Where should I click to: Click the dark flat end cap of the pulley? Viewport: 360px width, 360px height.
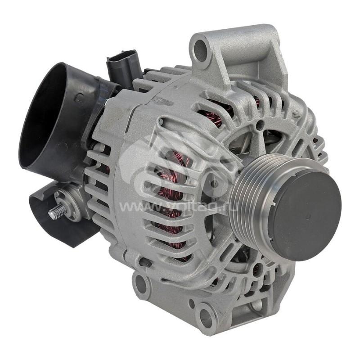[306, 216]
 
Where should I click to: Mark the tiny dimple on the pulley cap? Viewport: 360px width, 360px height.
[307, 216]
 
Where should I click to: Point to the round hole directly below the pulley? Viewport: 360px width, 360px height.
[257, 270]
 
